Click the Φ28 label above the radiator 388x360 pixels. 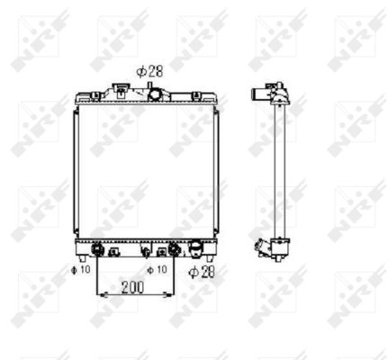tap(149, 68)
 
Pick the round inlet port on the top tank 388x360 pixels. tap(155, 93)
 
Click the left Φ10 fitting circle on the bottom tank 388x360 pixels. tap(96, 249)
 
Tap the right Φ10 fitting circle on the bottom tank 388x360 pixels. tap(174, 249)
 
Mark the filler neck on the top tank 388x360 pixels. tap(118, 89)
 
